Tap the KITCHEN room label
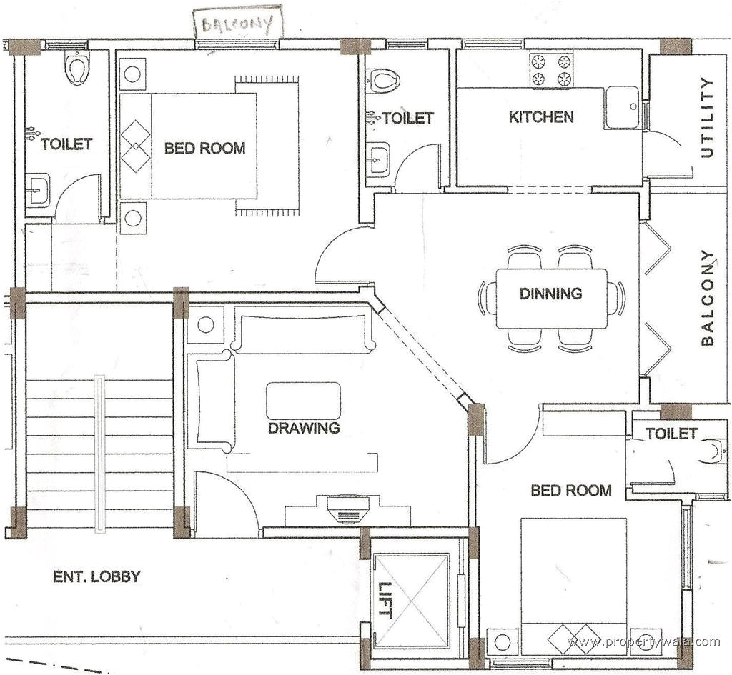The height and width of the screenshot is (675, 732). [541, 117]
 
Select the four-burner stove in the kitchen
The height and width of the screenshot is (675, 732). [551, 70]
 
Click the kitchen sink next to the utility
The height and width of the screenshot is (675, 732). [622, 108]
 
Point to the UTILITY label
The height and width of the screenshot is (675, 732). [707, 117]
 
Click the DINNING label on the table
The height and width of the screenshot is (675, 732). [550, 294]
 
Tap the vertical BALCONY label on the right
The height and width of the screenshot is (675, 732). [707, 297]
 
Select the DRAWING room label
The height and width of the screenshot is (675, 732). [303, 429]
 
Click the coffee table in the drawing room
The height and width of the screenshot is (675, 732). [303, 400]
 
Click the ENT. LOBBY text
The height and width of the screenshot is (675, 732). [97, 576]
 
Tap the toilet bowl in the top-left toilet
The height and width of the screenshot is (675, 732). [76, 69]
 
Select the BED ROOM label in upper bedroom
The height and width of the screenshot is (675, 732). [204, 149]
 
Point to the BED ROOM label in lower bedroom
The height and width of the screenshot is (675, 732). [570, 491]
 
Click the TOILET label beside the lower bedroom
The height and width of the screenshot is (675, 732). [671, 434]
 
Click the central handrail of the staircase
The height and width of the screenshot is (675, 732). [100, 454]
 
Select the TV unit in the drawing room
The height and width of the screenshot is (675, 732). [347, 510]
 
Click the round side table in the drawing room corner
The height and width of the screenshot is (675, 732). [206, 324]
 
